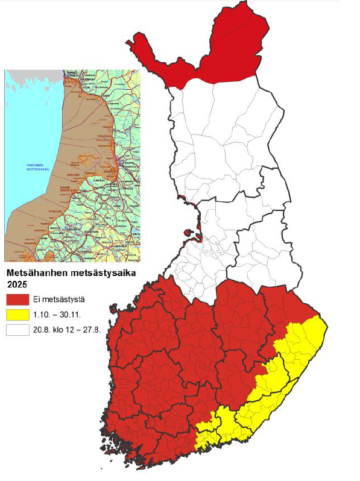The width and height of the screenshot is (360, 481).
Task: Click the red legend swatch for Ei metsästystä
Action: pos(17,300)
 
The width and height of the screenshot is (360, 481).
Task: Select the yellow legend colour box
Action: pos(17,315)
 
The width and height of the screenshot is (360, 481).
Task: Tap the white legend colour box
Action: pos(17,330)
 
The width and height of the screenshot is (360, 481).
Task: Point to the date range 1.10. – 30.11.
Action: pos(60,315)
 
